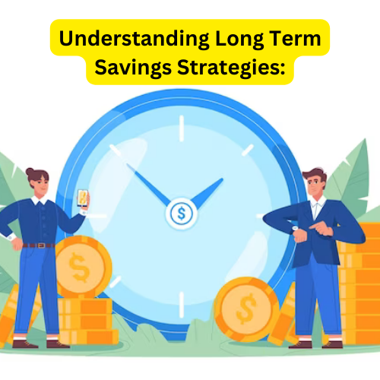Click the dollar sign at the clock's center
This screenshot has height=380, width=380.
tap(181, 214)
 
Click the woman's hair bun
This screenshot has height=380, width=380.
tap(30, 173)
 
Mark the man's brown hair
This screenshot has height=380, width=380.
tap(313, 175)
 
